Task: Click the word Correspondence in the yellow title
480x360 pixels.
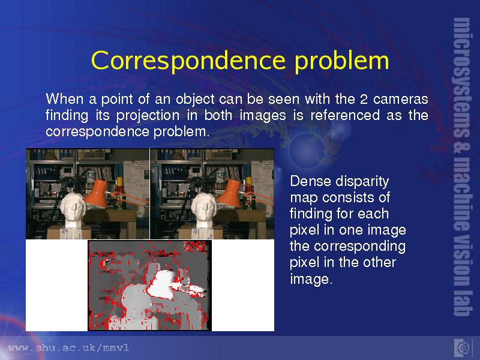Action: click(x=188, y=61)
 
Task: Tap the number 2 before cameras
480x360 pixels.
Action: click(x=364, y=100)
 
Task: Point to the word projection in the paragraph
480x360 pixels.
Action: click(x=148, y=116)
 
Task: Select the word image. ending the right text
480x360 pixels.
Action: click(x=311, y=279)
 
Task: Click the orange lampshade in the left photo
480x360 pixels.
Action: click(x=97, y=193)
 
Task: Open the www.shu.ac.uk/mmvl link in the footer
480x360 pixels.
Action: click(x=68, y=348)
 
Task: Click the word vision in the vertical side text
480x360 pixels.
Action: click(x=461, y=263)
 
